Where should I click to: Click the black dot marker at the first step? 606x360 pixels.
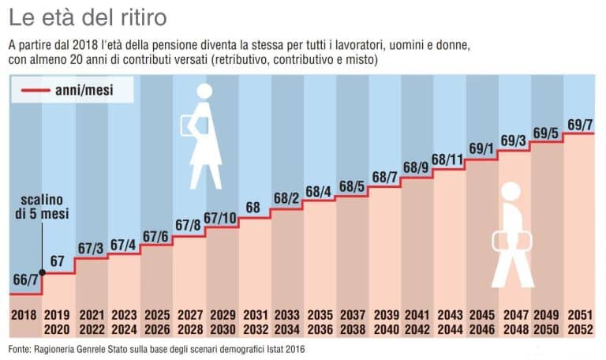click(x=43, y=274)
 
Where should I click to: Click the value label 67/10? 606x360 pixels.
click(x=221, y=218)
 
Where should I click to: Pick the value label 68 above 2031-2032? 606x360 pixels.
click(x=253, y=208)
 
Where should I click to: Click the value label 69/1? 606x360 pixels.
click(x=481, y=148)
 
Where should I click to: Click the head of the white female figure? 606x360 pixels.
click(x=204, y=92)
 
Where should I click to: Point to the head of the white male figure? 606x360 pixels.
click(x=511, y=192)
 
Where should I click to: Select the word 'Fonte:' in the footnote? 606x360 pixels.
click(x=23, y=349)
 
